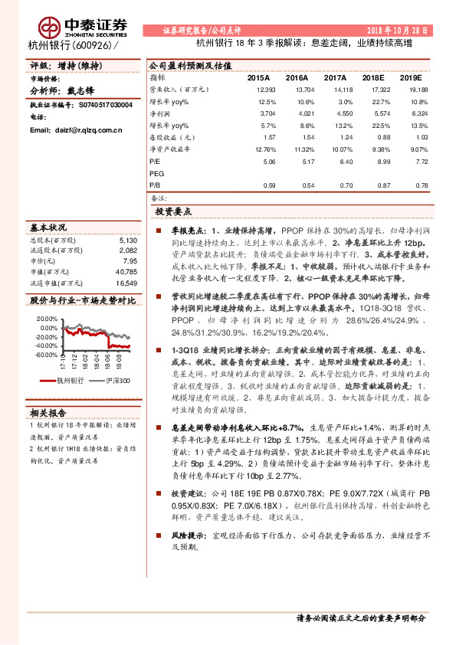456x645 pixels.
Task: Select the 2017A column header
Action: point(336,78)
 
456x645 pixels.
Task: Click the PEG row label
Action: point(156,173)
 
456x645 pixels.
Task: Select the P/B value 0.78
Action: point(421,185)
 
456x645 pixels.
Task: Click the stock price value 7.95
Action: point(130,260)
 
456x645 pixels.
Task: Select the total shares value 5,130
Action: point(127,240)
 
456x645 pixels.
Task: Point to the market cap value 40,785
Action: point(125,271)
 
